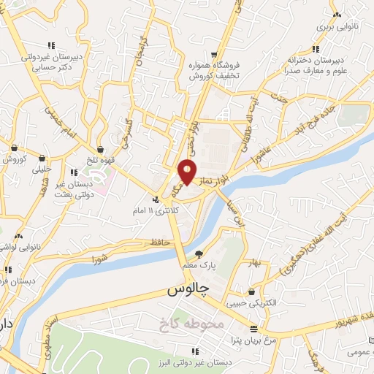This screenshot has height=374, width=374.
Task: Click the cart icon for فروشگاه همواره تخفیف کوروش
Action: (213, 54)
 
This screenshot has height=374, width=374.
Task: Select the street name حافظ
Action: (157, 242)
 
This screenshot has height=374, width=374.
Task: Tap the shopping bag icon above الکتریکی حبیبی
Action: (252, 291)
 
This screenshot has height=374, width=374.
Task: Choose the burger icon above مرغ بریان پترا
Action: (253, 329)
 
